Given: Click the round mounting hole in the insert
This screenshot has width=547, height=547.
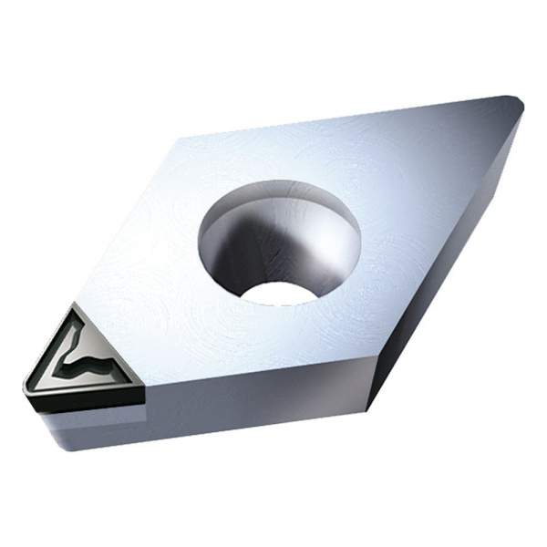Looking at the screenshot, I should pos(279,242).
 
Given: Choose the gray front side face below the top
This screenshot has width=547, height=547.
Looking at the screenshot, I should pos(255,410).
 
